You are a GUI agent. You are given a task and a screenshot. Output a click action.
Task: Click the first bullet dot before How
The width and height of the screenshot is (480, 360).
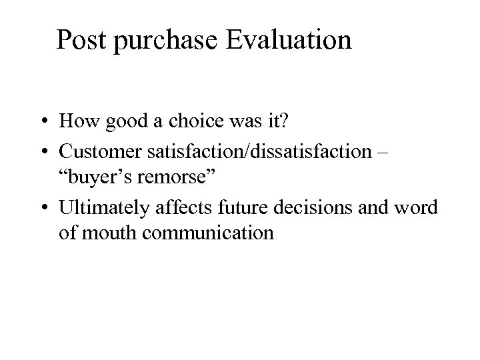pos(42,123)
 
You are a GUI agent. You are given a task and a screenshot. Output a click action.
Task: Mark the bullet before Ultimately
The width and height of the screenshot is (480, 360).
pos(42,208)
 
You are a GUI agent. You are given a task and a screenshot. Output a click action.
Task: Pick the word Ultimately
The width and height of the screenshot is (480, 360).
pos(105,208)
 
